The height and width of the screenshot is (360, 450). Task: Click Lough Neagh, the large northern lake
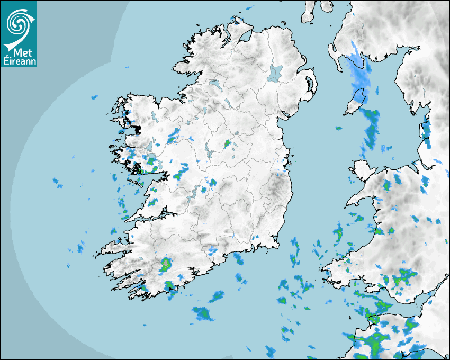coord(275,73)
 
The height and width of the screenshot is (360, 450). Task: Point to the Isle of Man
coord(355,102)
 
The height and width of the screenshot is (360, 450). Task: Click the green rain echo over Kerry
coord(166,264)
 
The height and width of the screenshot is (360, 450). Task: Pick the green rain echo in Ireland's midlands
coord(228,143)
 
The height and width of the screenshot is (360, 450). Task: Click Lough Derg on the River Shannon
coord(202,189)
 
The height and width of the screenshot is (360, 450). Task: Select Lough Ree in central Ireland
coord(209,150)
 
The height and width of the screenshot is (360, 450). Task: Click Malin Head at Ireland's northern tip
coord(237,20)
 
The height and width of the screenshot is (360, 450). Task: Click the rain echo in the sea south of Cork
coord(203,314)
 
